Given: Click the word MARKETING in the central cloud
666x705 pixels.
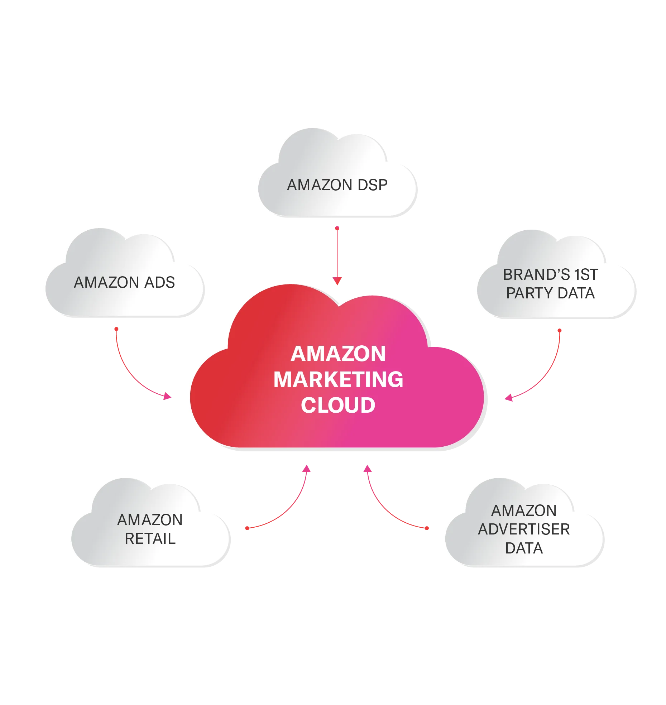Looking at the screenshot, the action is (x=338, y=379).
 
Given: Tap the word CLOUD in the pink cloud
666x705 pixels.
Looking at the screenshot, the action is (x=338, y=405).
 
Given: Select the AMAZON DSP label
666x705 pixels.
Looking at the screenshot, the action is (x=337, y=185).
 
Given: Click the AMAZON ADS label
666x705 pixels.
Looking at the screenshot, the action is (x=124, y=282).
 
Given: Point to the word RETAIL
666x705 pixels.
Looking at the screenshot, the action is (x=150, y=538).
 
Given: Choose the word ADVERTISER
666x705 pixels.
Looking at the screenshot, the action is (x=524, y=529).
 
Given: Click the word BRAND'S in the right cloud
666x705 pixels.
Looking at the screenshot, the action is (x=536, y=274).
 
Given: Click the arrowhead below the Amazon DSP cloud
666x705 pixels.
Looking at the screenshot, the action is (x=337, y=281).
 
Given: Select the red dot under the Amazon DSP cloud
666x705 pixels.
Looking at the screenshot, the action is (x=337, y=228).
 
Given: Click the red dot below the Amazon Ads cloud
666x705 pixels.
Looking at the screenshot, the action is (x=116, y=329).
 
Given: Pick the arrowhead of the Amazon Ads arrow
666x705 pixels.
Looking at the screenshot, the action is (x=168, y=396).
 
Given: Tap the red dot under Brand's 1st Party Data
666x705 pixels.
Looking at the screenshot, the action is (x=560, y=331).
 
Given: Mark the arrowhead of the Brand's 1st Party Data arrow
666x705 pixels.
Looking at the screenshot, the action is (x=509, y=398).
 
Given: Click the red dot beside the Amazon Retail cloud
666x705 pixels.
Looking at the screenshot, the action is (x=247, y=528).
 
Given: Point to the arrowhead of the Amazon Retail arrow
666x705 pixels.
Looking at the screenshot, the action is (x=307, y=469).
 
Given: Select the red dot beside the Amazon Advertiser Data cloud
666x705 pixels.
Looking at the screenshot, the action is (x=427, y=528).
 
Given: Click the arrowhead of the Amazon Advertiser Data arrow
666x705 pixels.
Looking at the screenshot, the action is (x=368, y=469).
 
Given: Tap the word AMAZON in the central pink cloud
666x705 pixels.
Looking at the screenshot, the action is (x=338, y=354).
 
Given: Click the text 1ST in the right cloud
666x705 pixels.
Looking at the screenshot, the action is (x=586, y=274).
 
